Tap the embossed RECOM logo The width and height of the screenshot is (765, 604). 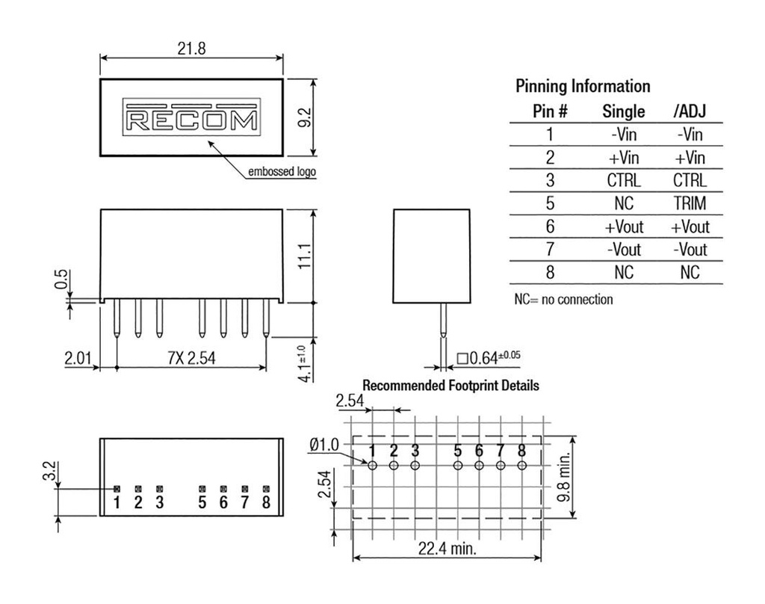(191, 118)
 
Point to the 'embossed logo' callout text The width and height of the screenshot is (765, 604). (282, 172)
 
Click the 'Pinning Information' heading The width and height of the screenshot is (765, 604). (583, 86)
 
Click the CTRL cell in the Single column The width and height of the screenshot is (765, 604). (623, 180)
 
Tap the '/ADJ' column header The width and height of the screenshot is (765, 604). (689, 111)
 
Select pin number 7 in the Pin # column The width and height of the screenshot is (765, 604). (550, 249)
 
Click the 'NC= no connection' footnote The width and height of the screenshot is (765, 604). (563, 299)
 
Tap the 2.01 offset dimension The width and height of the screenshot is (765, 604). (78, 359)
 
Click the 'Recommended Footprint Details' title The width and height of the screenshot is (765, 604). (450, 386)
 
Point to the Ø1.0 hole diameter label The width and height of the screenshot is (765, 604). (323, 445)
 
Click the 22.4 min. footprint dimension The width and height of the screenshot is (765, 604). (447, 549)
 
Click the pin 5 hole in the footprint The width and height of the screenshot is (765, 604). (457, 465)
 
